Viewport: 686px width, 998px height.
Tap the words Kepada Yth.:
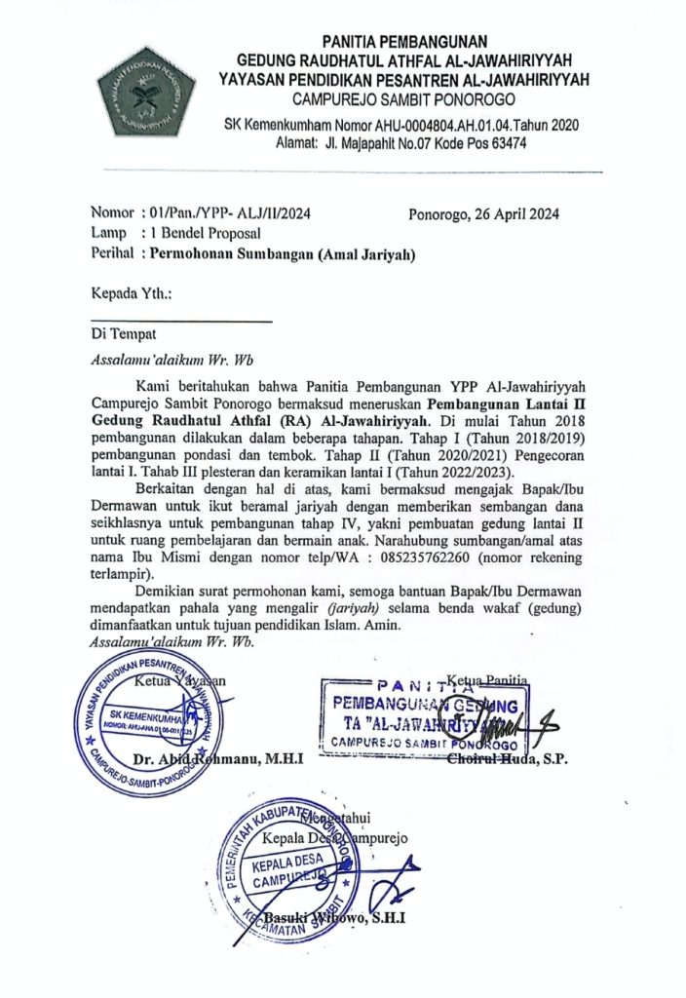131,292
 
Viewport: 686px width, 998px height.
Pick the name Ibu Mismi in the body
153,558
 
